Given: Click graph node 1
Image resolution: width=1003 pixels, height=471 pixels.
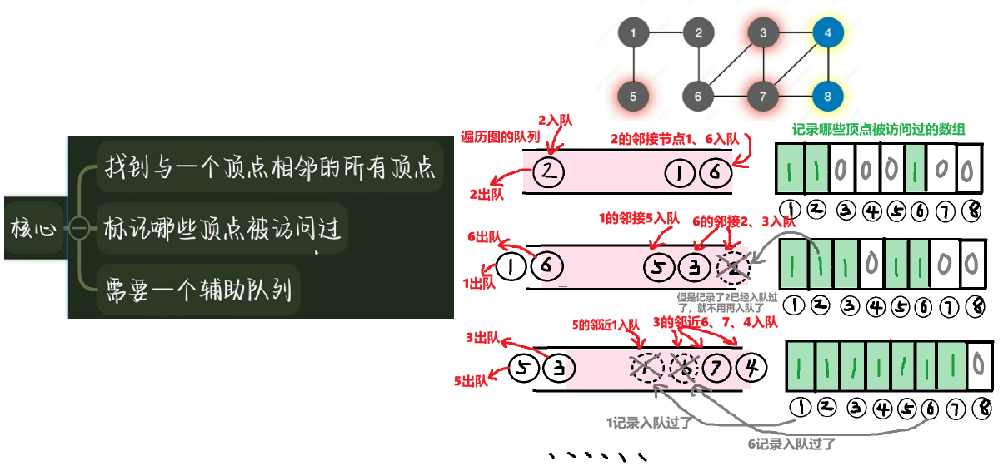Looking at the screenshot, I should [634, 34].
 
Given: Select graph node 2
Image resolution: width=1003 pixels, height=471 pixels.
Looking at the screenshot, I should [698, 34].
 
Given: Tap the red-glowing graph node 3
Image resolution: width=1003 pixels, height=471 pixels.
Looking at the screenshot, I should [762, 34].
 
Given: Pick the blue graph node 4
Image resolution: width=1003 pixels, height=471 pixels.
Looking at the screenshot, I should [827, 34].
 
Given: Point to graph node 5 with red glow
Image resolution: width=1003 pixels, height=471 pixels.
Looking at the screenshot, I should [634, 96].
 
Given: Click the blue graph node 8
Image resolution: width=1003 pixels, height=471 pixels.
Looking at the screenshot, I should [827, 96].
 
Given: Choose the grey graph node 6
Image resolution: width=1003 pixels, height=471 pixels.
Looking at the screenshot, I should [698, 96].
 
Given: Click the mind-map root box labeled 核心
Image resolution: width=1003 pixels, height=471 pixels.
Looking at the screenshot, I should [33, 227].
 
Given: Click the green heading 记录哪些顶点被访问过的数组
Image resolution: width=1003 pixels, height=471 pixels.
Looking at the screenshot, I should [880, 129].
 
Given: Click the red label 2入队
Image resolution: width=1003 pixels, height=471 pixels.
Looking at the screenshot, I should [556, 120].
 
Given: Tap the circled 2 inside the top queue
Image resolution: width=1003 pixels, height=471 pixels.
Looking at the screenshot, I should [547, 172].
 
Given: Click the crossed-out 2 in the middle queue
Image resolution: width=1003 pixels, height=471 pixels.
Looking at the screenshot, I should [732, 266].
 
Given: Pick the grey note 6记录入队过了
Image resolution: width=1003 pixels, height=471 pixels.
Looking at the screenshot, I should [791, 444].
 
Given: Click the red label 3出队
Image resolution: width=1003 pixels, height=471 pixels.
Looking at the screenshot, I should [483, 338].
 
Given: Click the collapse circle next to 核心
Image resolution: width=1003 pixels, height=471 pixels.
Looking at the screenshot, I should [79, 227].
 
